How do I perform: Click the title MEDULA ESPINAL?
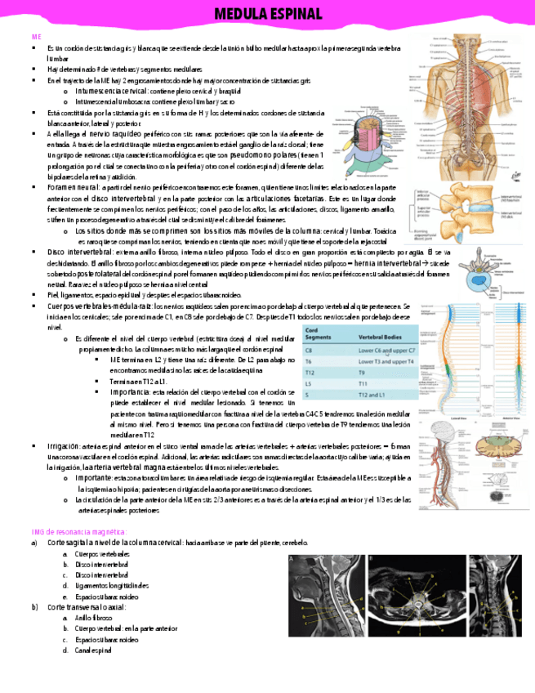click(267, 14)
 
